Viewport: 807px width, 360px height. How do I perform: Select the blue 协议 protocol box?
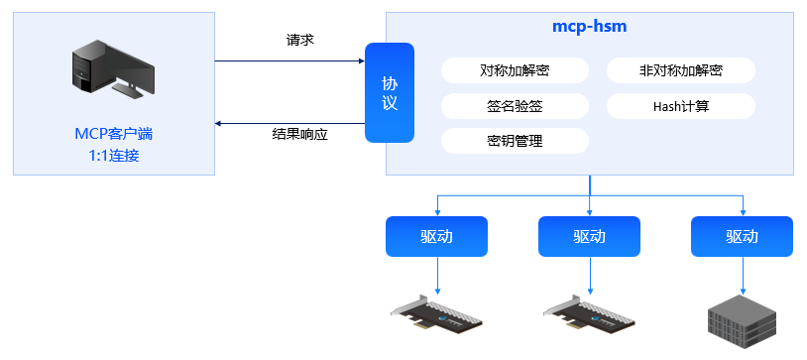point(389,93)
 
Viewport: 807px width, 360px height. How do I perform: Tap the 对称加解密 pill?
point(515,70)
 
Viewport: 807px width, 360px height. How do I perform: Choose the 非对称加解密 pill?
point(680,70)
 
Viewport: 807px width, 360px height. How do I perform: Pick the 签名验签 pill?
point(515,105)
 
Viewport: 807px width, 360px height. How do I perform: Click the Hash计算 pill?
point(680,105)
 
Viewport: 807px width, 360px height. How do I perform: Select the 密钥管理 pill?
point(515,141)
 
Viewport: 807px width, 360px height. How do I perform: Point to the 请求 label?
point(299,41)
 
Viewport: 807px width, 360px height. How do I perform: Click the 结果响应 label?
point(299,133)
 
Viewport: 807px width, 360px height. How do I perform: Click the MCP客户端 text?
point(113,133)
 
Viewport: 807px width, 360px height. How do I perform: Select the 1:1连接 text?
point(113,155)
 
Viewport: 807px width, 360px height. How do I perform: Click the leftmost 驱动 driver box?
point(436,237)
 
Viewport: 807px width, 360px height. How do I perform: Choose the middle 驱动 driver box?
point(589,237)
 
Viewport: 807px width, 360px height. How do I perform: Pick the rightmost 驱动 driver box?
point(742,237)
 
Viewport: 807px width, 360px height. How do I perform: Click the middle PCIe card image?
point(590,317)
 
